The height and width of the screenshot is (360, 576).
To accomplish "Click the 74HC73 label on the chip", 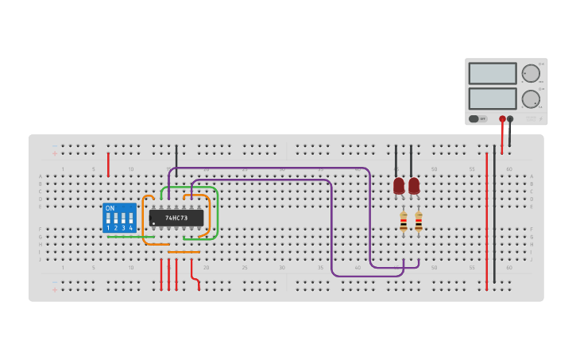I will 176,218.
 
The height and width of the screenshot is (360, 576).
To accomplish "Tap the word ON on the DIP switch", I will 110,208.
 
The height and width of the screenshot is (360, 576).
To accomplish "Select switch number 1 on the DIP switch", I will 108,219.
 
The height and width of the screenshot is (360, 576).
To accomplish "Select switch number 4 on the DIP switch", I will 130,219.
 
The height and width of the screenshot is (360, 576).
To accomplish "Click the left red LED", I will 399,186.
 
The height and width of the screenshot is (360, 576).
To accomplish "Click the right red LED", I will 414,186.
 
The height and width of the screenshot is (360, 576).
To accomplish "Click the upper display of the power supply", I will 493,73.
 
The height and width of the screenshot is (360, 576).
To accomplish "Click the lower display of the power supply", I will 493,99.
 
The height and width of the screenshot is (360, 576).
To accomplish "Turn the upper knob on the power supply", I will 531,73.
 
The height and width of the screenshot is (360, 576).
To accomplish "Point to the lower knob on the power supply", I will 531,99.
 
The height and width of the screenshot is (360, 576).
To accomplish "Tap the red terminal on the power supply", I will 502,119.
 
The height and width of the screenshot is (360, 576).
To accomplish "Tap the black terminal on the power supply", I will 510,119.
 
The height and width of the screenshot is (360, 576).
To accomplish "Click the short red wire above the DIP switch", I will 108,165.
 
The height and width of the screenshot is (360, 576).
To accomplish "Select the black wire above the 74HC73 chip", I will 176,156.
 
